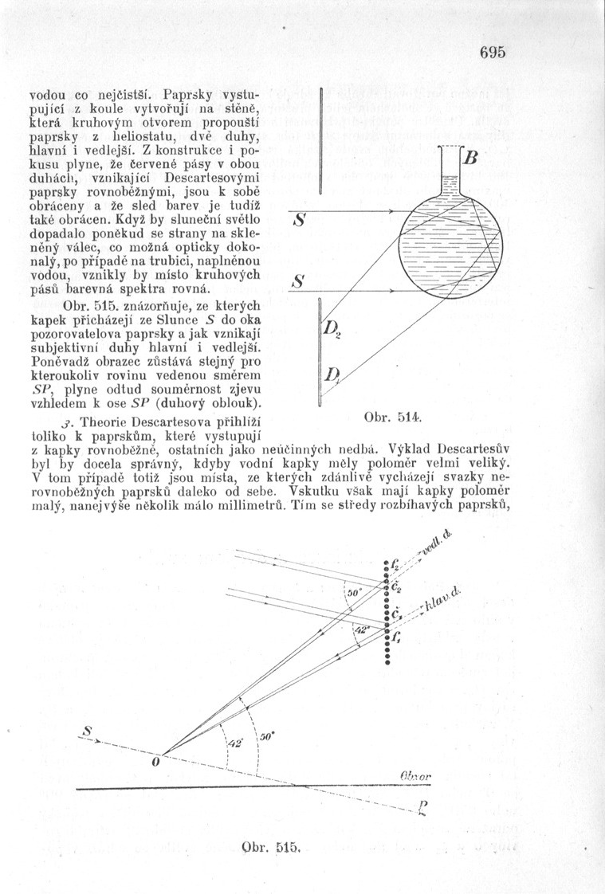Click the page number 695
click(x=493, y=53)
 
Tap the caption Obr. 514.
click(x=387, y=417)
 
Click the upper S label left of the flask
click(x=299, y=218)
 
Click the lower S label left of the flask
click(x=299, y=281)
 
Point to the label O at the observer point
click(x=155, y=762)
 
